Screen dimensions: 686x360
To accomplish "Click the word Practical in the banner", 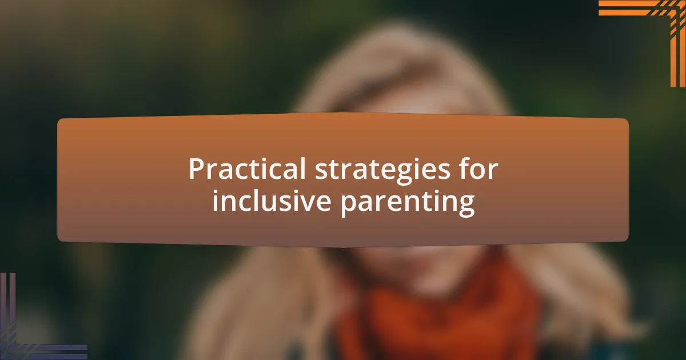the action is click(x=247, y=169).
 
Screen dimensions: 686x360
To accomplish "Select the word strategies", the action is click(x=383, y=171).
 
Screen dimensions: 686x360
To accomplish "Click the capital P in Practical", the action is click(x=196, y=169).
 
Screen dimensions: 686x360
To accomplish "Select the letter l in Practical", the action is click(x=302, y=168).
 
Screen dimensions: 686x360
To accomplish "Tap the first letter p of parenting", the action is click(x=349, y=205).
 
